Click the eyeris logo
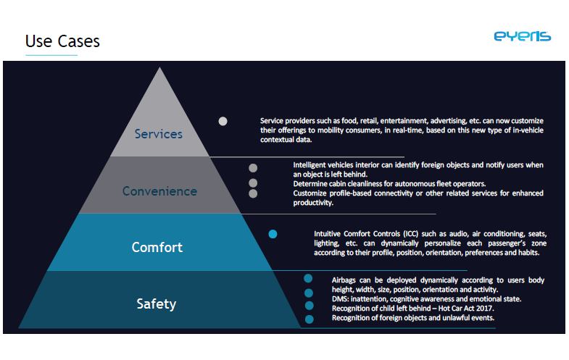(x=523, y=36)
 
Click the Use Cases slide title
(x=62, y=41)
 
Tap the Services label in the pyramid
(x=159, y=134)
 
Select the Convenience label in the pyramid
(x=159, y=191)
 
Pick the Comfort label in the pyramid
(x=157, y=247)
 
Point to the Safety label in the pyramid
(x=157, y=304)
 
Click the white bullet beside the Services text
(x=223, y=121)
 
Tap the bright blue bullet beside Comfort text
(x=273, y=234)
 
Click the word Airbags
(x=344, y=280)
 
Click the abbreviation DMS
(x=339, y=299)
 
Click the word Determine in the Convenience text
(x=310, y=184)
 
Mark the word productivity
(x=313, y=203)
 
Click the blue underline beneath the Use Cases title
(x=51, y=55)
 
